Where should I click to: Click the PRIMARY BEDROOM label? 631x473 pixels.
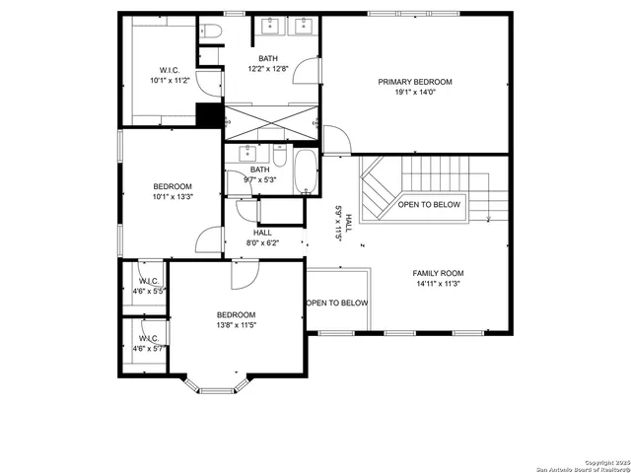(x=414, y=82)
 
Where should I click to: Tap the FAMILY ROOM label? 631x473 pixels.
(x=438, y=273)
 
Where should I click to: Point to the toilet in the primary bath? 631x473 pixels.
(x=211, y=34)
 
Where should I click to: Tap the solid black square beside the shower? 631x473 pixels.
(x=208, y=114)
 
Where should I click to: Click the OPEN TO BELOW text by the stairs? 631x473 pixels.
(x=429, y=205)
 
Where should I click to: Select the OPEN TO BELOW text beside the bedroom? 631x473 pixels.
(x=337, y=303)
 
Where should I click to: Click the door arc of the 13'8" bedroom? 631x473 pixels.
(x=243, y=276)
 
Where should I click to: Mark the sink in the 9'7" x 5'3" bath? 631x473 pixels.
(x=245, y=155)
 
